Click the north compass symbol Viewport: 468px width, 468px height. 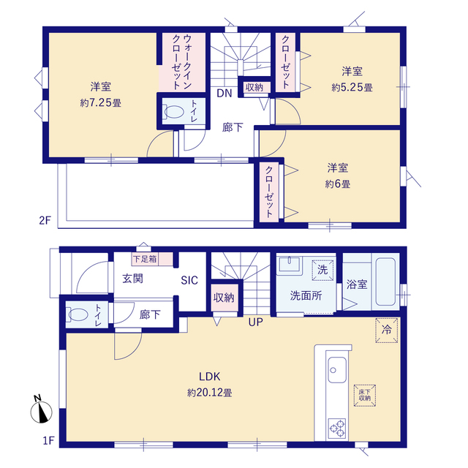pyautogui.click(x=41, y=409)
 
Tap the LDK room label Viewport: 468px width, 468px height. pyautogui.click(x=210, y=377)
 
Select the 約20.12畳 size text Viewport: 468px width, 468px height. pyautogui.click(x=210, y=393)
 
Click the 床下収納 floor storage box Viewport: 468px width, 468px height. pyautogui.click(x=365, y=396)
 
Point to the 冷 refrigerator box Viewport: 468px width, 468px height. pyautogui.click(x=387, y=330)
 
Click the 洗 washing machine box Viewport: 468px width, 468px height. pyautogui.click(x=322, y=270)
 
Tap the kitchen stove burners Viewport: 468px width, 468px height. pyautogui.click(x=337, y=429)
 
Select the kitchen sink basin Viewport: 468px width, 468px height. pyautogui.click(x=337, y=370)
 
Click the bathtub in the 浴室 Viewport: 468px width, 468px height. pyautogui.click(x=385, y=282)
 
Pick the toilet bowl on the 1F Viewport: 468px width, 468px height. pyautogui.click(x=78, y=314)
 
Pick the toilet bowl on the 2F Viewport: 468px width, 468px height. pyautogui.click(x=174, y=111)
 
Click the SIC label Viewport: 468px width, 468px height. pyautogui.click(x=189, y=280)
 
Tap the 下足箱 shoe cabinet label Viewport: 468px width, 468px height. pyautogui.click(x=145, y=259)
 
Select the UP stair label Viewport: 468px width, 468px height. pyautogui.click(x=256, y=322)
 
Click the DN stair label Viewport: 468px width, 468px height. pyautogui.click(x=224, y=94)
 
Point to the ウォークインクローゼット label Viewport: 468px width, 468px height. pyautogui.click(x=181, y=62)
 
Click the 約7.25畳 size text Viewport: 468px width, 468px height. pyautogui.click(x=101, y=103)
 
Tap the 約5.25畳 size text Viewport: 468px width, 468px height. pyautogui.click(x=352, y=88)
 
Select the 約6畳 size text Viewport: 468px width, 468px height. pyautogui.click(x=338, y=184)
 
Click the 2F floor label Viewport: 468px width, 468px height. pyautogui.click(x=45, y=221)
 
